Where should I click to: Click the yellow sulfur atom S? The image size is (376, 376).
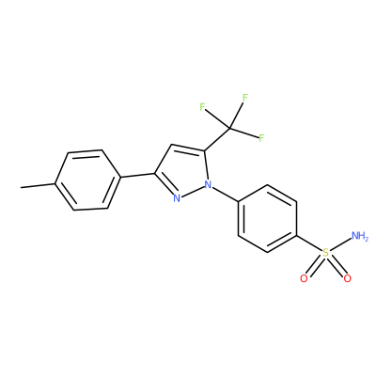pyautogui.click(x=326, y=253)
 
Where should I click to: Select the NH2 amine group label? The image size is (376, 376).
pyautogui.click(x=360, y=236)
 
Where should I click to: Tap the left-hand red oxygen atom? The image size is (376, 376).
pyautogui.click(x=304, y=278)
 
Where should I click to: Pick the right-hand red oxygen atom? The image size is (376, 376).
pyautogui.click(x=347, y=278)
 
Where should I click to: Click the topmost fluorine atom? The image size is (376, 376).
pyautogui.click(x=245, y=98)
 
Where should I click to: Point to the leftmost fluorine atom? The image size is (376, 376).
pyautogui.click(x=202, y=107)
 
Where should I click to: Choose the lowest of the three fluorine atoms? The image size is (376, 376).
pyautogui.click(x=261, y=137)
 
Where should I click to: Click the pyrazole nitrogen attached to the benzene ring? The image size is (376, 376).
pyautogui.click(x=208, y=184)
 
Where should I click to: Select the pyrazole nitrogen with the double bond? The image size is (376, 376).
pyautogui.click(x=177, y=198)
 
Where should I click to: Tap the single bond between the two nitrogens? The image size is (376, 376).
pyautogui.click(x=193, y=191)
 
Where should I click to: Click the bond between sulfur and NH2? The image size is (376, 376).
pyautogui.click(x=340, y=245)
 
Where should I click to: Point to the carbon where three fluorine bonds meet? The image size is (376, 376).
pyautogui.click(x=229, y=129)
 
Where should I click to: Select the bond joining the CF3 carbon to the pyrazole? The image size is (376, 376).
pyautogui.click(x=217, y=140)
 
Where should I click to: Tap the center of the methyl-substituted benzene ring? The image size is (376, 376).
pyautogui.click(x=88, y=180)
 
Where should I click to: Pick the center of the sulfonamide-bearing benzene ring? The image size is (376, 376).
pyautogui.click(x=267, y=219)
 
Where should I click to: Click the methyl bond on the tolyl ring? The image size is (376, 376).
pyautogui.click(x=39, y=186)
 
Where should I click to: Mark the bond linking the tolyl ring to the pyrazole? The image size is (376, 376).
pyautogui.click(x=137, y=176)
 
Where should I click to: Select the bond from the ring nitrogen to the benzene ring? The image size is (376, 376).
pyautogui.click(x=226, y=194)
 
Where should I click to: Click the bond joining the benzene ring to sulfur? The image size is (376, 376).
pyautogui.click(x=309, y=243)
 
